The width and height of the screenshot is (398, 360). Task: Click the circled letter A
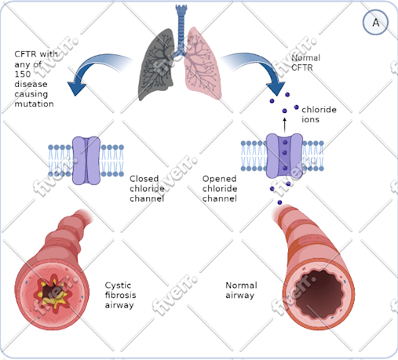click(x=375, y=23)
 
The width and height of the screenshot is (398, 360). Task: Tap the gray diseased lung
click(x=157, y=65)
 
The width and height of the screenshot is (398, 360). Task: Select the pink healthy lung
click(x=202, y=64)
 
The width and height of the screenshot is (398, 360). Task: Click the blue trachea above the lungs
click(x=181, y=29)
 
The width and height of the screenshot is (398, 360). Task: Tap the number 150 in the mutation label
click(x=23, y=74)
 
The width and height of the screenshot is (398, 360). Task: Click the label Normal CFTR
click(x=305, y=63)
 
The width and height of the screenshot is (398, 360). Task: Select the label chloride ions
click(x=319, y=115)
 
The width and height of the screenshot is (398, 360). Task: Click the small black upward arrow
click(x=285, y=125)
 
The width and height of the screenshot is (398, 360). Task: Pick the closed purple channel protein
click(x=86, y=161)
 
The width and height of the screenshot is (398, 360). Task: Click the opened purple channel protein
click(x=284, y=156)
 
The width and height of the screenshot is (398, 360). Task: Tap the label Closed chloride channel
click(x=147, y=188)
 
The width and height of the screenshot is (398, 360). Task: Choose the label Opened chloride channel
click(x=220, y=188)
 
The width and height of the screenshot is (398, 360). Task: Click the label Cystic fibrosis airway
click(x=120, y=295)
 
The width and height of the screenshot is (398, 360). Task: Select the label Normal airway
click(x=241, y=290)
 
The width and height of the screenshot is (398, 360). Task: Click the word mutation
click(x=34, y=104)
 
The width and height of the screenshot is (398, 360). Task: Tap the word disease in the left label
click(x=31, y=84)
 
